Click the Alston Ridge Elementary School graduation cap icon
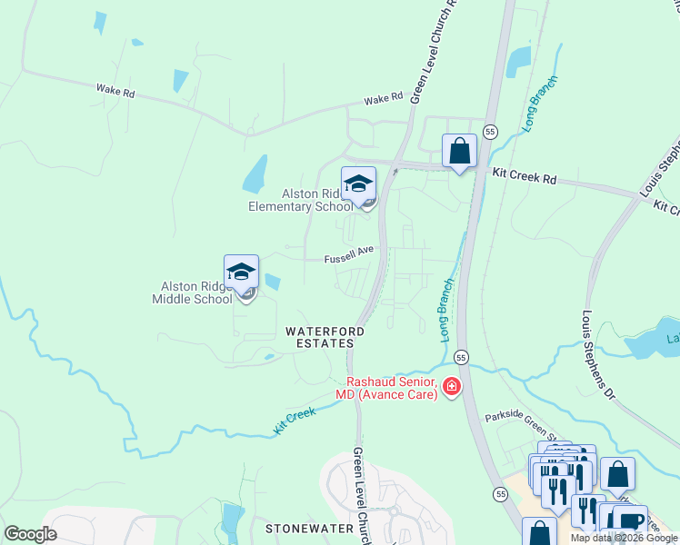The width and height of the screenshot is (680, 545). pos(358,183)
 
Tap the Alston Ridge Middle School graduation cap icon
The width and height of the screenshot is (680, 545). pos(241,272)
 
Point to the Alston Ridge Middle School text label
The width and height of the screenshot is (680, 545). pos(192,292)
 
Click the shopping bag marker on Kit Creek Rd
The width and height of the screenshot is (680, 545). pos(459,151)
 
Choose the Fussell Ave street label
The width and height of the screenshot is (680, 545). pos(350,259)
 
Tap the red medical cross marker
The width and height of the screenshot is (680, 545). pos(451,390)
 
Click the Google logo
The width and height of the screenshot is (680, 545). pos(30,534)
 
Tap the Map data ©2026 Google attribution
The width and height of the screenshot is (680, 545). pos(623,538)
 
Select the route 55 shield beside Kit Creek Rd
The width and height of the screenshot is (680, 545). pos(489,131)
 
